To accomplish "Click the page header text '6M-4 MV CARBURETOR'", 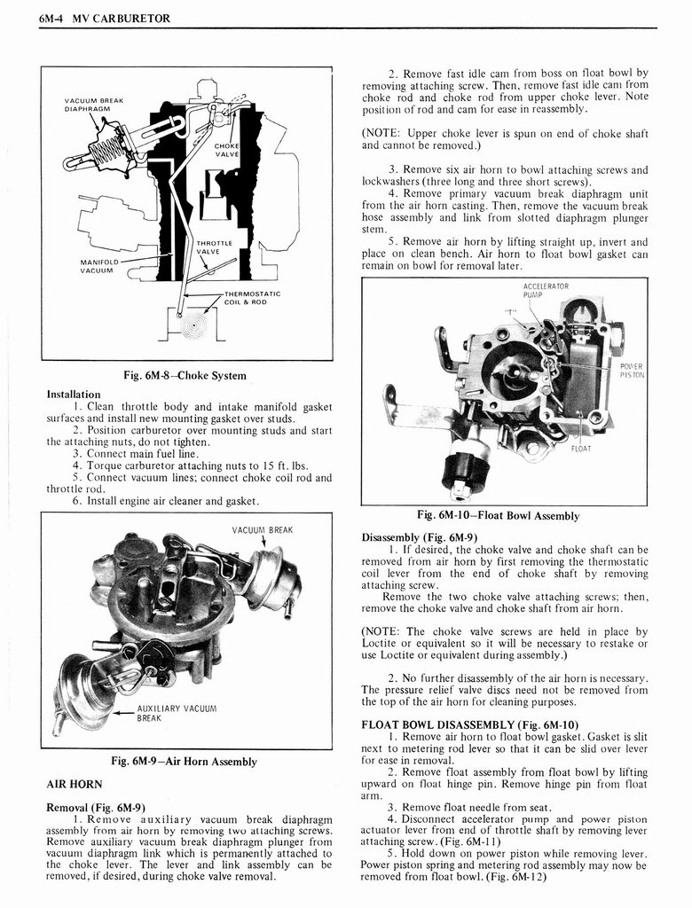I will point(105,18).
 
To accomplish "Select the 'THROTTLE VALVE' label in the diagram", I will point(214,247).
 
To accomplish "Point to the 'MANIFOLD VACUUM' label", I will point(99,266).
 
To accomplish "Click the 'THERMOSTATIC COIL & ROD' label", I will point(251,297).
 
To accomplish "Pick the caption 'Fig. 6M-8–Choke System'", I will point(189,375).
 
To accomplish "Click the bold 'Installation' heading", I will point(74,394).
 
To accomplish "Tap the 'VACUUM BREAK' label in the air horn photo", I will point(262,529).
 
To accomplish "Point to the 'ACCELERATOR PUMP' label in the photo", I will point(547,291).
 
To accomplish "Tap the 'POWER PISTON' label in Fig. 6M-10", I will point(632,370).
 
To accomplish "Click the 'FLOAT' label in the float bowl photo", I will point(581,448).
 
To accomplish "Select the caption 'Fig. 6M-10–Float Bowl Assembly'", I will point(498,515).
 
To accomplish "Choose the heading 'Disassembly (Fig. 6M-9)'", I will point(419,537).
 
